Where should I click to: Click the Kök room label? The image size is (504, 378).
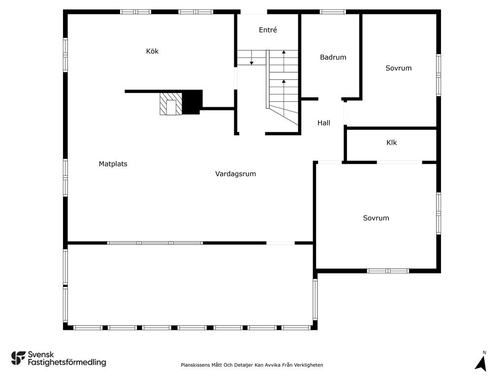point(152,51)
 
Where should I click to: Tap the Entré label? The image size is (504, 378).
point(268,30)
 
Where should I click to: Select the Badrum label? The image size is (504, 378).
point(333,57)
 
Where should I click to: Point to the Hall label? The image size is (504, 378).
point(323,123)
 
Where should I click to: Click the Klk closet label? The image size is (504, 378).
point(391,143)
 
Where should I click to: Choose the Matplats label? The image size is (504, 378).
point(113,164)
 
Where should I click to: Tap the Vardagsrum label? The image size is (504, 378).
point(235,174)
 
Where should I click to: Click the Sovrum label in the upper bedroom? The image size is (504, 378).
point(398,68)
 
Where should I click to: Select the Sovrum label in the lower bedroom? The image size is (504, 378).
point(376,218)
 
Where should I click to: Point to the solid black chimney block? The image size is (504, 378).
point(192,102)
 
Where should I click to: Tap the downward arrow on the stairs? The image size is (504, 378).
point(252,61)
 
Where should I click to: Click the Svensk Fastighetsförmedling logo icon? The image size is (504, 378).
point(18,358)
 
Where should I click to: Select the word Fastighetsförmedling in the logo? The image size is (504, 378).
point(66,363)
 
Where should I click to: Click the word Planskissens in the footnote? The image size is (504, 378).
point(195,365)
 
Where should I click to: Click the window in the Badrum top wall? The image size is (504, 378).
point(333,12)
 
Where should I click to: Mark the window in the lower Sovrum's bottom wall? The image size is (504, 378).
point(388,271)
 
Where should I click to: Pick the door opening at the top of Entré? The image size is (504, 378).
point(254,12)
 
